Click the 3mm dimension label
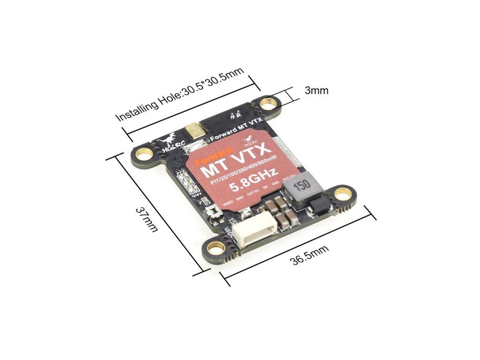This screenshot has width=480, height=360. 316,90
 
